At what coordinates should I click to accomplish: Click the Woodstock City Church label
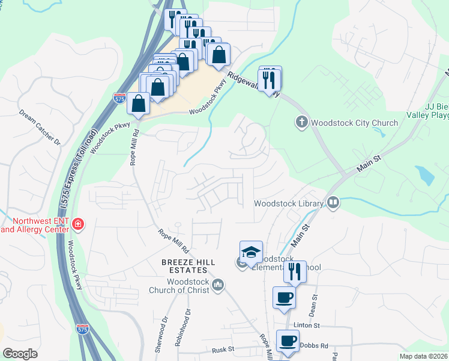[x=354, y=123]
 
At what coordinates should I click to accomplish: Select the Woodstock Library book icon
[x=333, y=203]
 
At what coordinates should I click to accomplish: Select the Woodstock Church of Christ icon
[x=218, y=284]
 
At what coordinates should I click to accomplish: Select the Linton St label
[x=307, y=326]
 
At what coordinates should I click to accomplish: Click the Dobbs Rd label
[x=316, y=346]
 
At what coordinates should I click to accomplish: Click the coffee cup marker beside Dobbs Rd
[x=288, y=341]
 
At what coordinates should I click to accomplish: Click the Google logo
[x=20, y=354]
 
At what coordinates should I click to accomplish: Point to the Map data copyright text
[x=423, y=356]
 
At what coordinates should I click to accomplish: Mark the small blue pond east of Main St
[x=425, y=175]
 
